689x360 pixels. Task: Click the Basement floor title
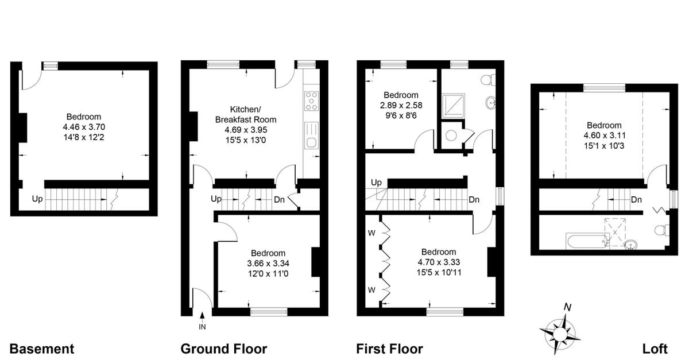[x=42, y=349]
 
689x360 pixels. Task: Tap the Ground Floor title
[x=223, y=349]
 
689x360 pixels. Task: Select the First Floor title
[x=389, y=349]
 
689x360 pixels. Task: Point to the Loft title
[x=655, y=349]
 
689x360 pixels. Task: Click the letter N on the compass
[x=567, y=307]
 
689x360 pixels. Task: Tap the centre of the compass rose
[x=559, y=334]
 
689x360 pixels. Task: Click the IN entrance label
[x=202, y=327]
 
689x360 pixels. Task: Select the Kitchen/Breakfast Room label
[x=246, y=114]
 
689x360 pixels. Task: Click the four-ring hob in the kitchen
[x=311, y=101]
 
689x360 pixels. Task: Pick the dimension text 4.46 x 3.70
[x=84, y=127]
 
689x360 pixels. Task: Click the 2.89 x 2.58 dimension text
[x=401, y=105]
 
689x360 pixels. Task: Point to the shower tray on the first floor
[x=453, y=106]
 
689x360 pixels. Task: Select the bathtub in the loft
[x=587, y=241]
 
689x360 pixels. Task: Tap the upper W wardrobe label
[x=371, y=233]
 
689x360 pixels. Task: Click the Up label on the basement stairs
[x=37, y=199]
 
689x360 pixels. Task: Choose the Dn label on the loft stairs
[x=636, y=200]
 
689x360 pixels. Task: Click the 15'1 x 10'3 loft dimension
[x=604, y=146]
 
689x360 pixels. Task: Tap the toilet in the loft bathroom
[x=661, y=230]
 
